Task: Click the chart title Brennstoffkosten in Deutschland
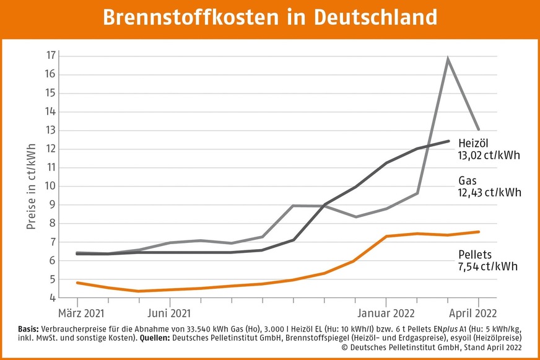coord(269,17)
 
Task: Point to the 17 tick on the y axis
coord(51,56)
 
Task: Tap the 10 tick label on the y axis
coord(51,186)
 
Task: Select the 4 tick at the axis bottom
coord(54,297)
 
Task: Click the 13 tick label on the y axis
coord(51,130)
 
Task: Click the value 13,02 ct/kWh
coord(489,155)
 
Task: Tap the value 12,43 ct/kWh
coord(489,193)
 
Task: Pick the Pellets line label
coord(474,254)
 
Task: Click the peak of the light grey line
coord(448,59)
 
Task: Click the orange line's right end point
coord(479,232)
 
